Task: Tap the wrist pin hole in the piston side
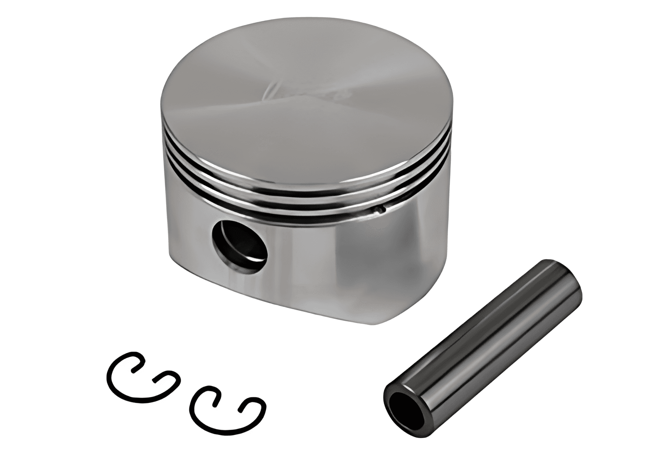pos(240,245)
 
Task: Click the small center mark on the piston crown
pos(269,90)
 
